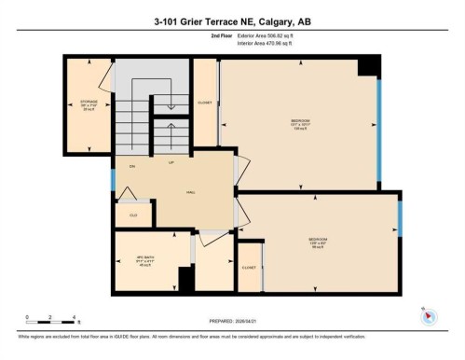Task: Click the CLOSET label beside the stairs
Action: coord(205,103)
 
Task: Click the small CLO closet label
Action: coord(132,215)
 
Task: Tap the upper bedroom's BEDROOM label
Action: coord(298,120)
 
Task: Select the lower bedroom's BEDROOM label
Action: coord(319,240)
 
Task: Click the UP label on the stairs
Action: coord(171,162)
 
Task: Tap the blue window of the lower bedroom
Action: coord(400,220)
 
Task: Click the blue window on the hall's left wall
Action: coord(113,179)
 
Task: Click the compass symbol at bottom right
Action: coord(430,315)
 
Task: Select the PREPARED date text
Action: coord(232,323)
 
